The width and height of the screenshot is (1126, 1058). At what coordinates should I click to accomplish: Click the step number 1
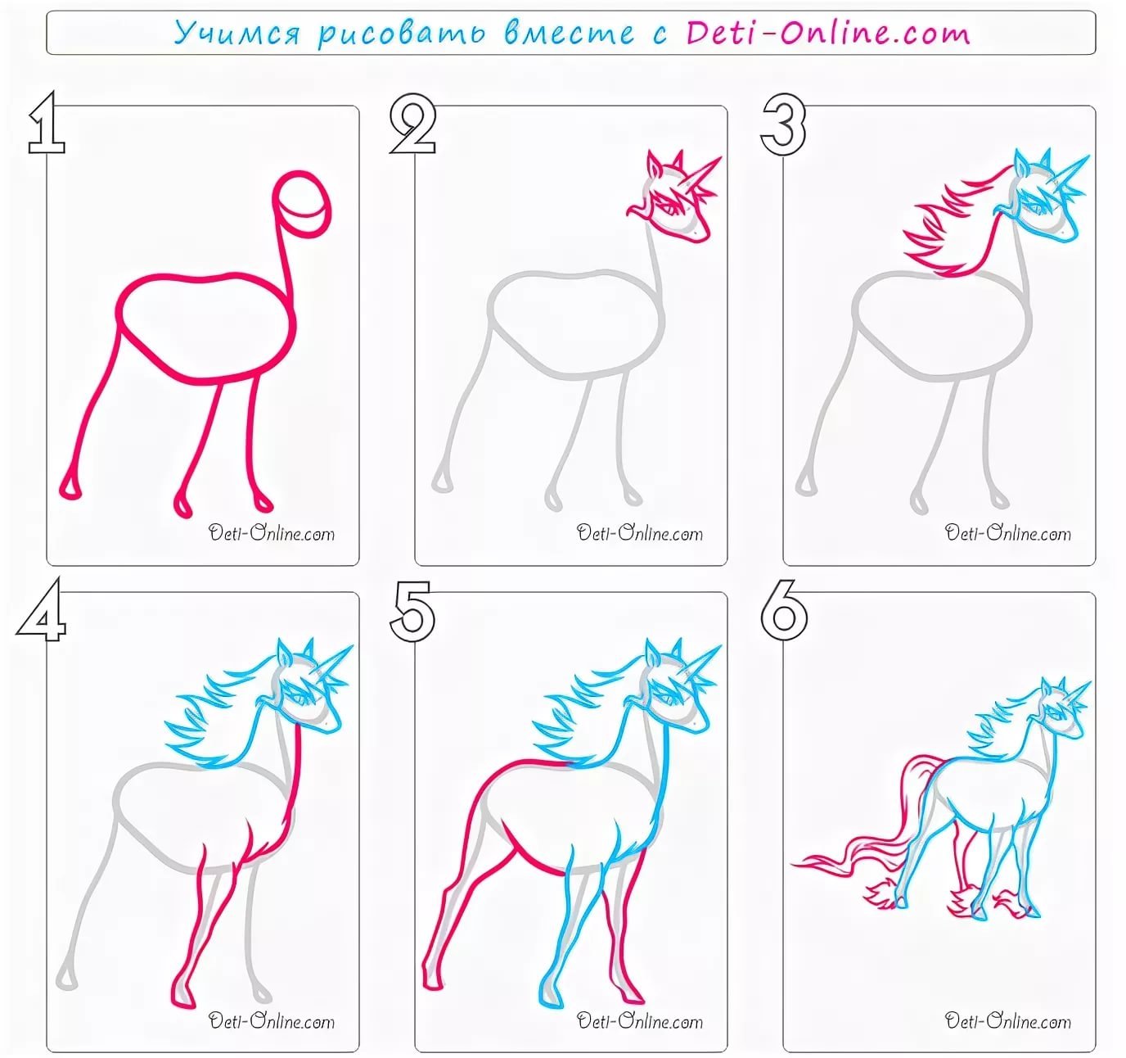click(x=47, y=123)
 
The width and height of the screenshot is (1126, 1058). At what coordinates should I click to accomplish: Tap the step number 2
click(x=412, y=124)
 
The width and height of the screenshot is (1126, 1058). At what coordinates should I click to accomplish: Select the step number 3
click(x=782, y=124)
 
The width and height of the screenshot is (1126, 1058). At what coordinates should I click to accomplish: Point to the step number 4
click(x=42, y=611)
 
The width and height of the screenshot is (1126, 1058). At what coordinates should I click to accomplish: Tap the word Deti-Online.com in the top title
click(x=827, y=33)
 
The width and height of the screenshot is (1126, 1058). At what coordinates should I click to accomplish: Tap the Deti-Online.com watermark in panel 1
click(x=272, y=533)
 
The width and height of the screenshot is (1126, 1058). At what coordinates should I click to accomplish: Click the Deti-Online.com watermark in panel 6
click(x=1007, y=1020)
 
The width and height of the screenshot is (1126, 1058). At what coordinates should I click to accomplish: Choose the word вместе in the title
click(x=569, y=33)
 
